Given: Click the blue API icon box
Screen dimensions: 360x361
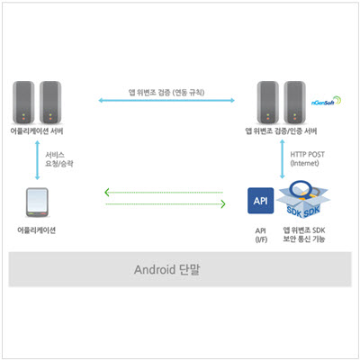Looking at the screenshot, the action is [x=260, y=201].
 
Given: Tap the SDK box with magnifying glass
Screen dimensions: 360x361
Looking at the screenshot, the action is [x=303, y=199].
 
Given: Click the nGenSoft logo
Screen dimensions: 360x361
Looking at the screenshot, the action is [x=326, y=101].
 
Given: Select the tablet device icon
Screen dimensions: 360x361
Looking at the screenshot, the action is [x=37, y=203].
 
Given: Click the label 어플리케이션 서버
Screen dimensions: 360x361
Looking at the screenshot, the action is [x=37, y=131].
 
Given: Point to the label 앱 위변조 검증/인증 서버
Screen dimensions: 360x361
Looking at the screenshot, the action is [x=281, y=131].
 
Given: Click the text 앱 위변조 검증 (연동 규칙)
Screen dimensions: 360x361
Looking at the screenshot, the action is [x=166, y=92].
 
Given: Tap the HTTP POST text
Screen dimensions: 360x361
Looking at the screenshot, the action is [x=308, y=155].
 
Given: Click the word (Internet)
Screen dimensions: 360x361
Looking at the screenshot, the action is [x=304, y=163].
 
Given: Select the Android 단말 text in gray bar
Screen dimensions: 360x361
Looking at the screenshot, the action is [x=166, y=269].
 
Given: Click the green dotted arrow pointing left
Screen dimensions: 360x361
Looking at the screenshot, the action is [x=164, y=193].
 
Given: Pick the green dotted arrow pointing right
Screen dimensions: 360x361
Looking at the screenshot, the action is [x=166, y=204].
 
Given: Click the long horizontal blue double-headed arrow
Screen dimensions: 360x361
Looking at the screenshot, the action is [x=166, y=101].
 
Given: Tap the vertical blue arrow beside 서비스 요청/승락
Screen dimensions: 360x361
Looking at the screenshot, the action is [x=38, y=160].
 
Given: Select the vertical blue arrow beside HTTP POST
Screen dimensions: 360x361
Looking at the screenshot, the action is [x=282, y=159].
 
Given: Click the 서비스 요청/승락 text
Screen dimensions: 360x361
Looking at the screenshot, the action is [x=59, y=159].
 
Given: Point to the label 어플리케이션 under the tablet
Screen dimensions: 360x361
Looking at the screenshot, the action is [x=37, y=230].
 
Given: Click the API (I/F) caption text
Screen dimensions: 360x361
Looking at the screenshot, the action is [x=261, y=235].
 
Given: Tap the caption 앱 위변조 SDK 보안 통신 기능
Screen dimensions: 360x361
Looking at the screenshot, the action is [x=304, y=235].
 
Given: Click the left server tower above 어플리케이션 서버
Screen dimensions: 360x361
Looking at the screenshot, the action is [x=23, y=103].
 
